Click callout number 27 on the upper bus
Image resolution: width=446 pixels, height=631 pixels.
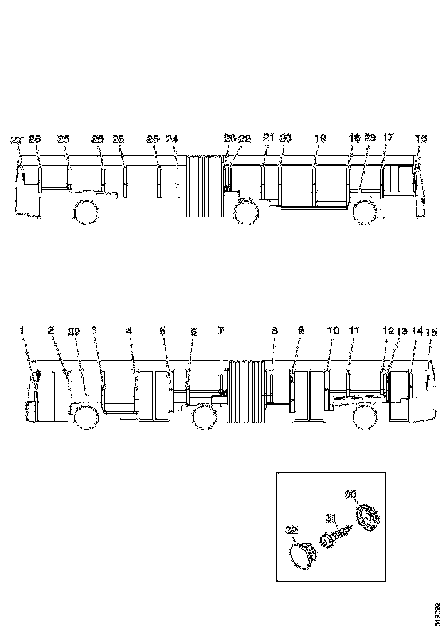(x=16, y=139)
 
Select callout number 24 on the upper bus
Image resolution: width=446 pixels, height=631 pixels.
(x=172, y=139)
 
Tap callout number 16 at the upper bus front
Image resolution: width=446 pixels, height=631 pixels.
(x=421, y=138)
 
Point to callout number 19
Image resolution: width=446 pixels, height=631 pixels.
(x=320, y=138)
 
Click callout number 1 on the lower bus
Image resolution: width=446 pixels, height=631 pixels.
(x=22, y=330)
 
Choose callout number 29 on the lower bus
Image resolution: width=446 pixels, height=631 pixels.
(x=73, y=331)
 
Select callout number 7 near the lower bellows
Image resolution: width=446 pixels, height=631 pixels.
(x=221, y=331)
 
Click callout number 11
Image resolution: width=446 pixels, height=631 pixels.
(x=354, y=331)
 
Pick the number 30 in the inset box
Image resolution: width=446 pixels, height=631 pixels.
(x=350, y=493)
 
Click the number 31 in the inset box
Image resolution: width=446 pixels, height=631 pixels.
(x=331, y=518)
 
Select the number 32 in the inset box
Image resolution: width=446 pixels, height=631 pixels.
(x=291, y=531)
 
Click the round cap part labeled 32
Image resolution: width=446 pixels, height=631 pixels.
(x=302, y=555)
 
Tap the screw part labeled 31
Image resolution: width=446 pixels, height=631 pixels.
(x=336, y=537)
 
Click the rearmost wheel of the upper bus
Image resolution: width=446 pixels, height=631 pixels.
(x=84, y=212)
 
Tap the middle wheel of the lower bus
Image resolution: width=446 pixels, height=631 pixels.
(x=204, y=417)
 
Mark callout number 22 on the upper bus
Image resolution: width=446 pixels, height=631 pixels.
(x=245, y=139)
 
